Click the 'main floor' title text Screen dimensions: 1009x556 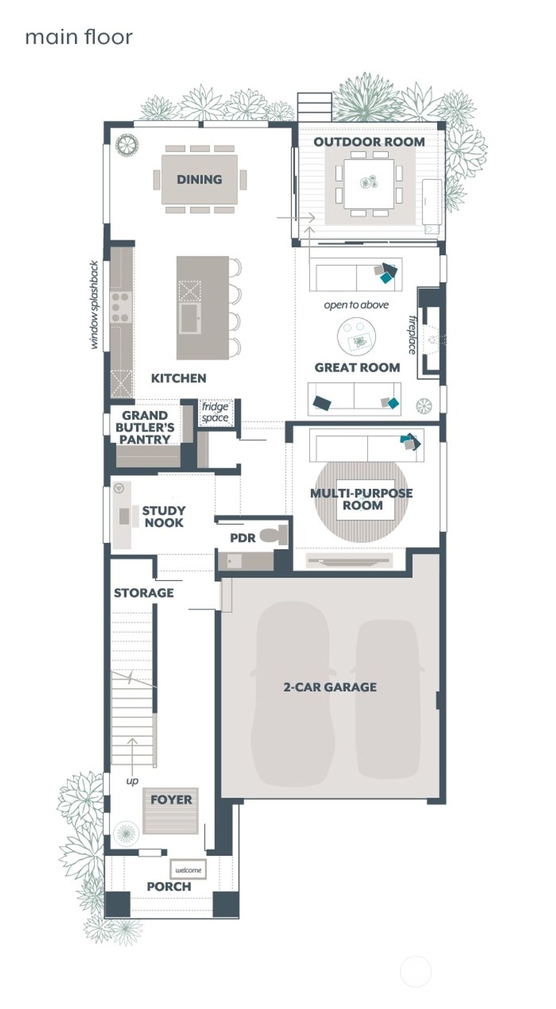(79, 37)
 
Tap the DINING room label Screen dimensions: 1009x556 (199, 179)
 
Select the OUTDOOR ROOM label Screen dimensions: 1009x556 (369, 142)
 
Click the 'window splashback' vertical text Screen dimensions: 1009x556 (94, 305)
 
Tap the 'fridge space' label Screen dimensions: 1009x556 (215, 412)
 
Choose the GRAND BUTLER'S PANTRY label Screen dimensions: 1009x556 (144, 427)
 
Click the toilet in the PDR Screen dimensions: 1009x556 (275, 535)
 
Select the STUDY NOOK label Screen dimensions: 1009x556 (163, 516)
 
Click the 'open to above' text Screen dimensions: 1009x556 (356, 305)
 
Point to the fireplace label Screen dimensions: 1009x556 (413, 335)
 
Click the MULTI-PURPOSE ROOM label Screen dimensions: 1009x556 (362, 499)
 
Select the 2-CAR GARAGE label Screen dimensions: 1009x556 (330, 687)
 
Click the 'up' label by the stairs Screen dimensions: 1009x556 (132, 781)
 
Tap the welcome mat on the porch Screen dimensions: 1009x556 (188, 870)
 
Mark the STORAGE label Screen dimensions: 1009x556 (144, 592)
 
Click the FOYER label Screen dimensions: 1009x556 (171, 799)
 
